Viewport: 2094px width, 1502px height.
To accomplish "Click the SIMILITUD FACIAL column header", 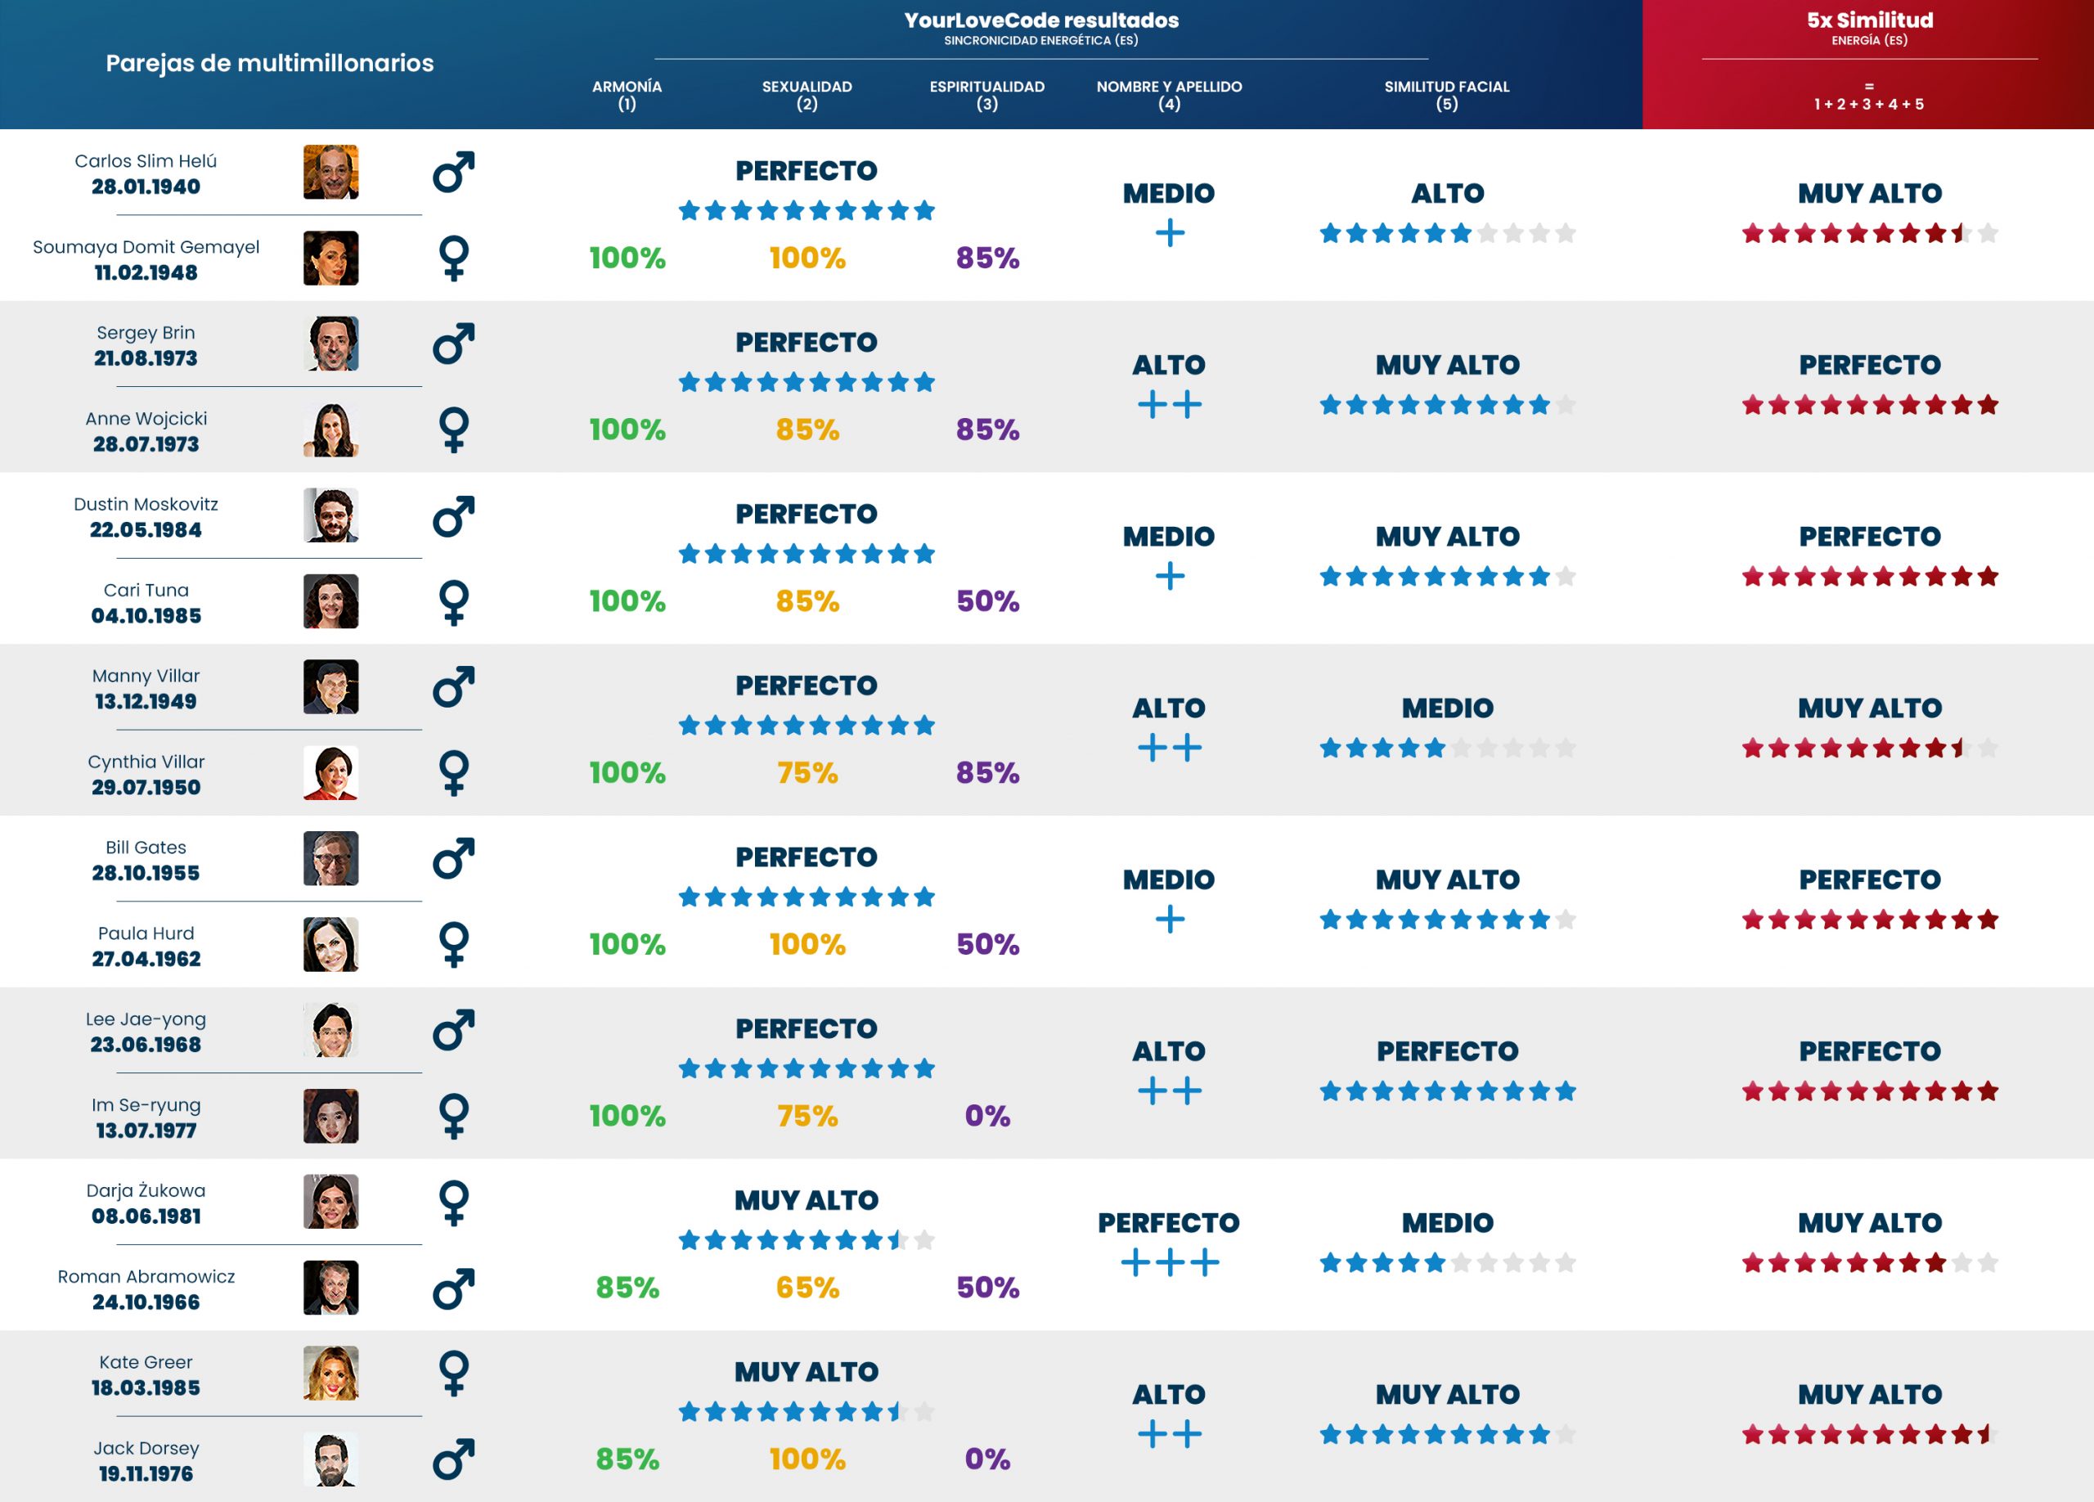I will pos(1446,94).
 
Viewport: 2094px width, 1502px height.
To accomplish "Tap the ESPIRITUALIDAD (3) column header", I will pos(986,94).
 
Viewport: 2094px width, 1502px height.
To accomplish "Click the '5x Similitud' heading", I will pos(1869,20).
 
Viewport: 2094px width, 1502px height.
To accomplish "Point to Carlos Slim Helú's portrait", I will pos(330,172).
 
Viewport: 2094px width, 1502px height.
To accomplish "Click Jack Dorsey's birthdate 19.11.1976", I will pos(146,1473).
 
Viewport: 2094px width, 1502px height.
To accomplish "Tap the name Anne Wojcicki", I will pos(146,418).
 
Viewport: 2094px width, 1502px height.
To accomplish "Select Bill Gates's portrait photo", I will pos(330,858).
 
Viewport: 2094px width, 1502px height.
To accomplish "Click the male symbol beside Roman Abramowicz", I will pos(453,1288).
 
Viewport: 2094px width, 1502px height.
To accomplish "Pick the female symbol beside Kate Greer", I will pos(453,1373).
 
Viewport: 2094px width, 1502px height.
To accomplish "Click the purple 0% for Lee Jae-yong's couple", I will pos(987,1115).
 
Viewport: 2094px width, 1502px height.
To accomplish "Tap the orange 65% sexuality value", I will pos(807,1287).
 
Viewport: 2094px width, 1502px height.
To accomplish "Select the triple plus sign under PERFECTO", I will pos(1169,1262).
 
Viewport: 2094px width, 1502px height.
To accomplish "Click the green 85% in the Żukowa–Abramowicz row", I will pos(627,1287).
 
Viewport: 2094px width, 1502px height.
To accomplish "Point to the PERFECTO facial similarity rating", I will pos(1447,1050).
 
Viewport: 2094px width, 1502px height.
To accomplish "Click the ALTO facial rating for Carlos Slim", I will pos(1447,193).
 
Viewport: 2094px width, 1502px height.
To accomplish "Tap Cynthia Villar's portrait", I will pos(330,773).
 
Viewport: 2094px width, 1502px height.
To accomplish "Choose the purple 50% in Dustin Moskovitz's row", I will pos(987,601).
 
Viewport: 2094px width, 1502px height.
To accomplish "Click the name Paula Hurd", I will pos(146,933).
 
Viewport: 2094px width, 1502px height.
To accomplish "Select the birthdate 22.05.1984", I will pos(146,530).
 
